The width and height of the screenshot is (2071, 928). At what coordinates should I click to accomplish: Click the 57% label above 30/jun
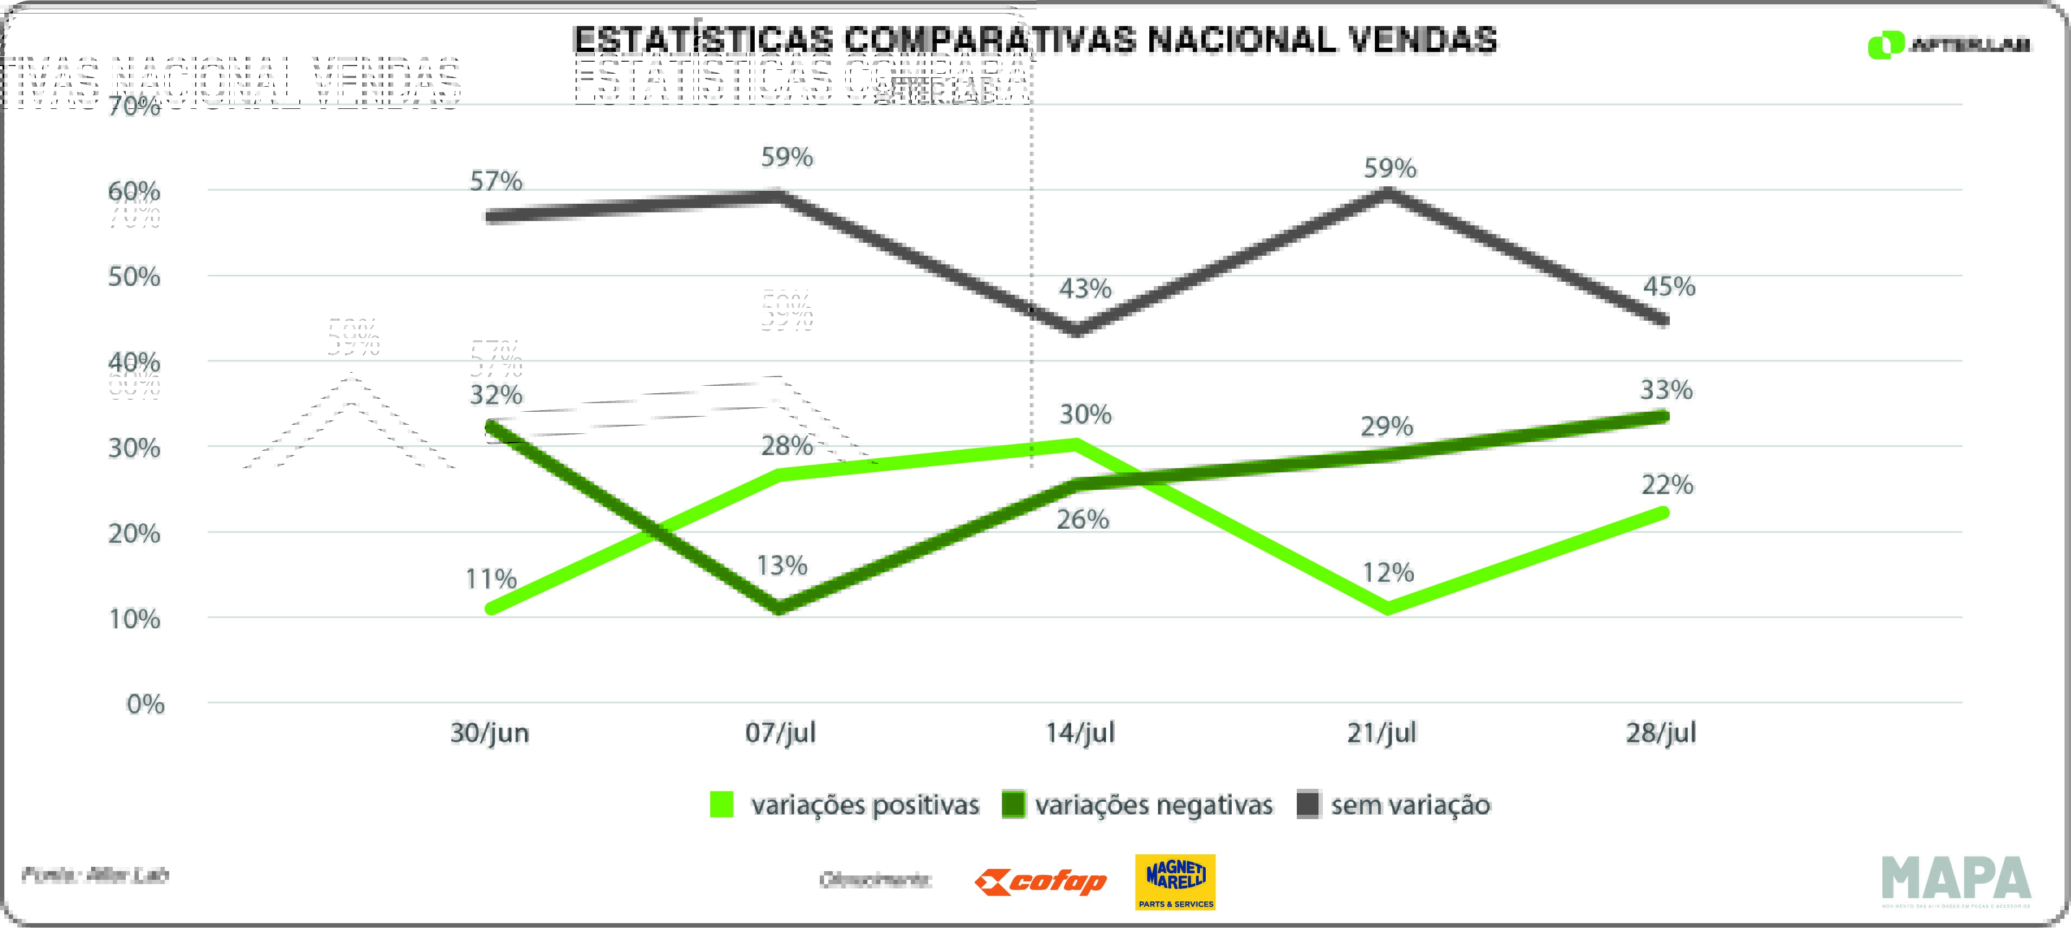click(x=496, y=181)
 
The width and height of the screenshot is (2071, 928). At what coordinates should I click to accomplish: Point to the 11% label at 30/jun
click(x=491, y=579)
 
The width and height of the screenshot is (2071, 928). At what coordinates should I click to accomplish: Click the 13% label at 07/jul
click(x=781, y=566)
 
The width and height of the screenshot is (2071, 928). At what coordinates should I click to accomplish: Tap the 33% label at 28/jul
click(x=1666, y=390)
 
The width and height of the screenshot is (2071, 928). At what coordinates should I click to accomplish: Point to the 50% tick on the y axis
click(x=134, y=277)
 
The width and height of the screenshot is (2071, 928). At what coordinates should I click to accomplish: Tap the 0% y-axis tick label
click(x=145, y=705)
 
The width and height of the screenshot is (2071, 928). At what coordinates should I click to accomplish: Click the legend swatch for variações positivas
click(x=722, y=804)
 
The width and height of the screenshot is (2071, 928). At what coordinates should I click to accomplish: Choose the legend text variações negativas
click(x=1154, y=805)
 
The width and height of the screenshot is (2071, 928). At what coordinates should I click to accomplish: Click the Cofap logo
click(x=1040, y=882)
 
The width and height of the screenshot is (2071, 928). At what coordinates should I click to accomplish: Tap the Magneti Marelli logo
click(x=1175, y=881)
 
